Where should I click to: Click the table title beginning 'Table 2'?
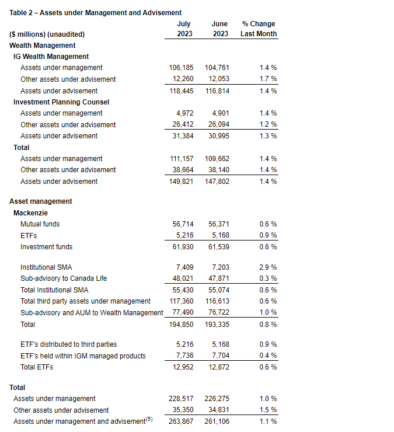(x=95, y=12)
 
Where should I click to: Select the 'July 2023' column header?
(x=183, y=29)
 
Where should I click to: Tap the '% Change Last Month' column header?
(x=259, y=29)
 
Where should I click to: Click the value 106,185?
(x=181, y=68)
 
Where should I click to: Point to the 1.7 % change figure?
(x=268, y=79)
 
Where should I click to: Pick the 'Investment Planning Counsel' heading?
(x=61, y=102)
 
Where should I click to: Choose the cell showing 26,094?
(x=217, y=124)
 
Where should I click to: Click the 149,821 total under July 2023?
(x=181, y=182)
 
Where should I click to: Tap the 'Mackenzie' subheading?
(x=30, y=213)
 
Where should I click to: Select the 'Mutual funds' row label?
(x=40, y=224)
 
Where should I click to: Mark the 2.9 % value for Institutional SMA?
(x=268, y=267)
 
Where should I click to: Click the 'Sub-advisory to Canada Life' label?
(x=64, y=278)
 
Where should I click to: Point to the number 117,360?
(x=181, y=301)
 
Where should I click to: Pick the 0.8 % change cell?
(x=268, y=324)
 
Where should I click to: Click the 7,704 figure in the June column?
(x=219, y=356)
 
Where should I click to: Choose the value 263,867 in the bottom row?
(x=181, y=421)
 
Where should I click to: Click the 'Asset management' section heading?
(x=41, y=201)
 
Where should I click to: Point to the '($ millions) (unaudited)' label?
(x=47, y=34)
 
